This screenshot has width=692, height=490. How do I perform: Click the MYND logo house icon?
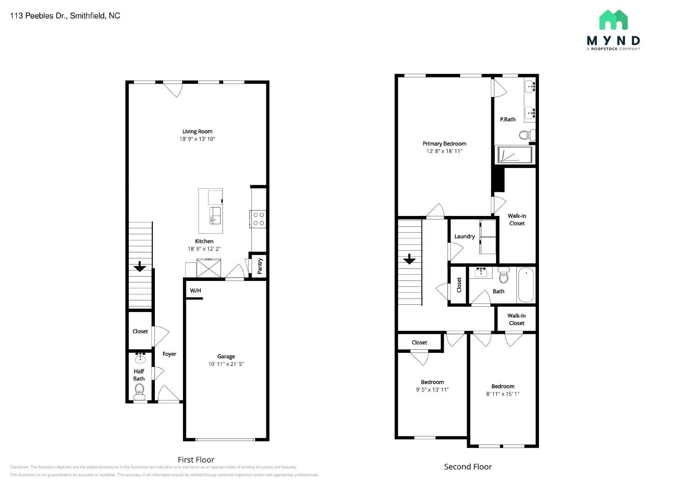point(613,20)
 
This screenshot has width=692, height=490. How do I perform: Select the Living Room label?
point(197,132)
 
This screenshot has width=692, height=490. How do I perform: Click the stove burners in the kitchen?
point(259,219)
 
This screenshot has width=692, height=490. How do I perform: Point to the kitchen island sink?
point(215,215)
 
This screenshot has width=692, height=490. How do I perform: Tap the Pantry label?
point(260,266)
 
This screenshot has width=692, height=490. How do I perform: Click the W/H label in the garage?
point(195,290)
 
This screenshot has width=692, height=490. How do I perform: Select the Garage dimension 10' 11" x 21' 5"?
point(226,364)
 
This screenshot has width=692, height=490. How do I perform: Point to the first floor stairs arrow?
point(140,267)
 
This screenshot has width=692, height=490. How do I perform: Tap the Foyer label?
point(169,354)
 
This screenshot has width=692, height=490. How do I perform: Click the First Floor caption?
point(196,460)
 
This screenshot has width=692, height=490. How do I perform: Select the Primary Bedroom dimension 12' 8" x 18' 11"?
point(444,151)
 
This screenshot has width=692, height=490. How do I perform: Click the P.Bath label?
point(508,119)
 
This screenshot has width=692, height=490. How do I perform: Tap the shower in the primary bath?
point(515,155)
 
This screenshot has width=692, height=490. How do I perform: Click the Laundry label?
point(465,236)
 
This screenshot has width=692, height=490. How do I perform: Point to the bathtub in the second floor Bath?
point(526,285)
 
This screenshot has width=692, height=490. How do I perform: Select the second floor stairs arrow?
point(409,259)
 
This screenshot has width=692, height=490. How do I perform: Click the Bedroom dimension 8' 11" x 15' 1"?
point(503,394)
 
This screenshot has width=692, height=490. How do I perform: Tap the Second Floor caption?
point(468,467)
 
